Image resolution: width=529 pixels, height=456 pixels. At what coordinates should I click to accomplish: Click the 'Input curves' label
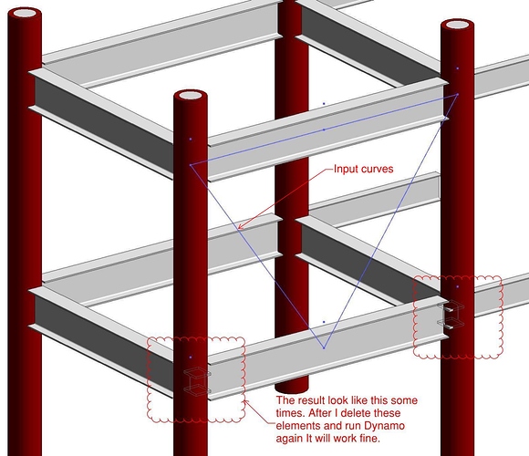(363, 169)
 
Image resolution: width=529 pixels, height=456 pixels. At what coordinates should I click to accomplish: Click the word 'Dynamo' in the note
(384, 426)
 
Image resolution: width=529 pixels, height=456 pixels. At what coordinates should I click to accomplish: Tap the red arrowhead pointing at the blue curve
(241, 226)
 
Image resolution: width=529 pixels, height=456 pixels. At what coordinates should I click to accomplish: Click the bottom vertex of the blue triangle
(324, 347)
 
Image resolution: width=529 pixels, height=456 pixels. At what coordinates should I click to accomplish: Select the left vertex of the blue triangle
(191, 165)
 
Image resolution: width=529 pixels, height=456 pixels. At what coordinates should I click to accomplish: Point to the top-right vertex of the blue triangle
(458, 95)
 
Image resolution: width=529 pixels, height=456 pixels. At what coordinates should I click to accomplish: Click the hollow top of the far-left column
(25, 14)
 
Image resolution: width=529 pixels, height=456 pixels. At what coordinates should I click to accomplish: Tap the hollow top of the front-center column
(191, 95)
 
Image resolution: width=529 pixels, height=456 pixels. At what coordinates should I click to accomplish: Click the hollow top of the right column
(458, 25)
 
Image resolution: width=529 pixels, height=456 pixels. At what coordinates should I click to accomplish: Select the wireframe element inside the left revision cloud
(197, 381)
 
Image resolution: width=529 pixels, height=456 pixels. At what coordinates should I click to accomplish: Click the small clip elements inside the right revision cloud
(451, 316)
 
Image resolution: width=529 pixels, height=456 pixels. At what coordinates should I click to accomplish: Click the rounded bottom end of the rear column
(292, 388)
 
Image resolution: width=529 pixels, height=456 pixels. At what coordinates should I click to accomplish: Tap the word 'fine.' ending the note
(368, 439)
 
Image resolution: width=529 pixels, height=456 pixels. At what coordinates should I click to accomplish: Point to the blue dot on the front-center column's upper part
(191, 139)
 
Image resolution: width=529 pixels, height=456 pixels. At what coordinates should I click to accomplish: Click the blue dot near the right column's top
(458, 68)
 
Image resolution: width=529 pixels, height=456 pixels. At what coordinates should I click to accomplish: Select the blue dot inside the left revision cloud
(191, 357)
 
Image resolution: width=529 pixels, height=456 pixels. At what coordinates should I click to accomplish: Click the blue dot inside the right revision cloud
(458, 286)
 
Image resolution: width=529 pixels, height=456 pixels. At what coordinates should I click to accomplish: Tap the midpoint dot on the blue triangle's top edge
(324, 130)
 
